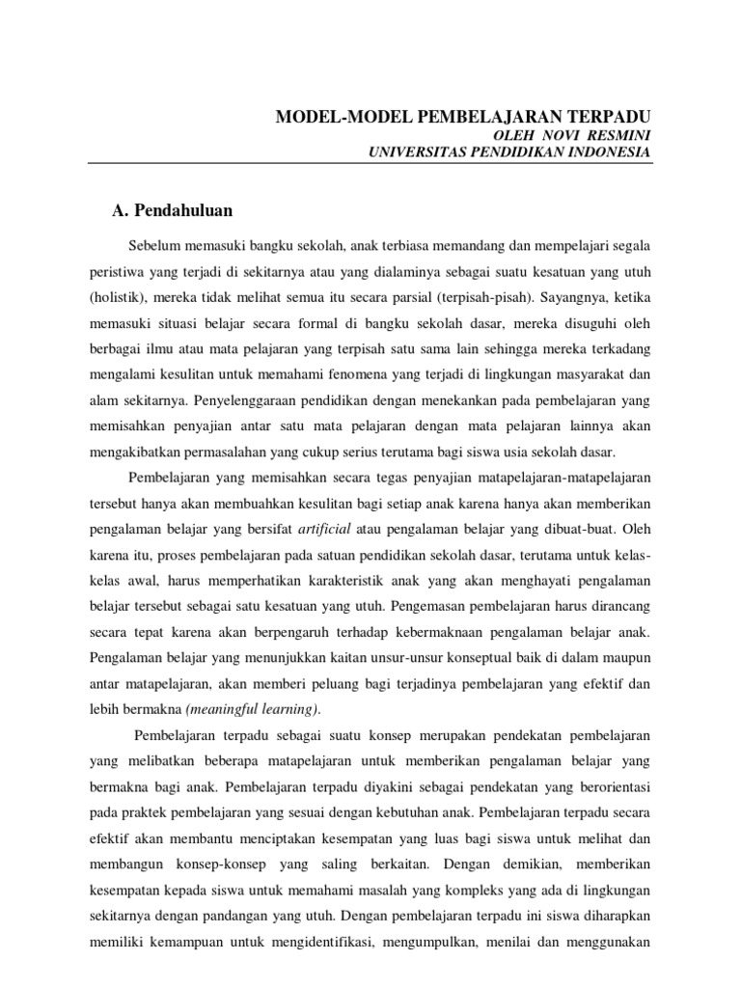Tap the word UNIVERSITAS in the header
(x=407, y=152)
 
